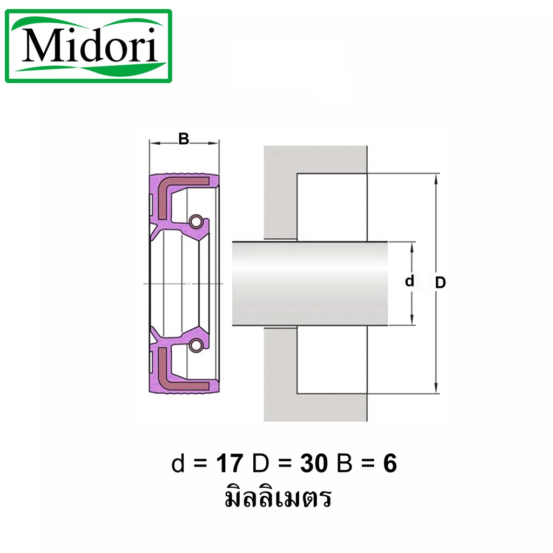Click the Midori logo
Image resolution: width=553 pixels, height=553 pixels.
tap(89, 46)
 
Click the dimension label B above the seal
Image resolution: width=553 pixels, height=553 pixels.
tap(184, 139)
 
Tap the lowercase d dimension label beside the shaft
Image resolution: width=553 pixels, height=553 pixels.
tap(409, 281)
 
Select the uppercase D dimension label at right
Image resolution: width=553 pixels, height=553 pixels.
tap(441, 282)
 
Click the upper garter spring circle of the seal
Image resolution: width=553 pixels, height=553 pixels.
tap(196, 221)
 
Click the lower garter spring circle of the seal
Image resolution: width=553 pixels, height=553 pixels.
tap(196, 345)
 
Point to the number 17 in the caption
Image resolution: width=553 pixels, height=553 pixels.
tap(230, 463)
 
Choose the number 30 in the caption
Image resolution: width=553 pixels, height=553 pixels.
tap(314, 463)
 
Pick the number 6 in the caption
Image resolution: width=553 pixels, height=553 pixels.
tap(390, 463)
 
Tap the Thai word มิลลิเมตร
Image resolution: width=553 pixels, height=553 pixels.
tap(278, 497)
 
